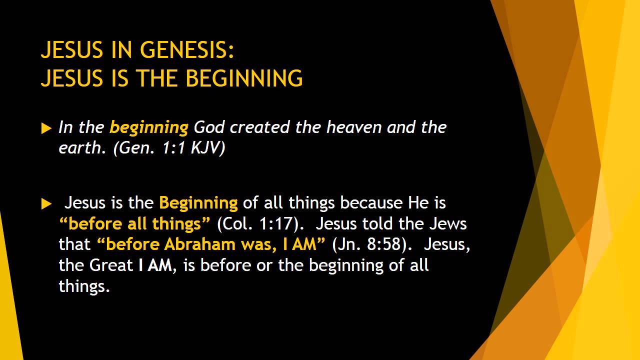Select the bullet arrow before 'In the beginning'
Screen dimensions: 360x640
(x=46, y=128)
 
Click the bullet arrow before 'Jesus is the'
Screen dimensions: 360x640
(x=46, y=203)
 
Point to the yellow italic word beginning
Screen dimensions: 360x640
(x=148, y=128)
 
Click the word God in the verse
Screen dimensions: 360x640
(x=209, y=127)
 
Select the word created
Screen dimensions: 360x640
(x=260, y=127)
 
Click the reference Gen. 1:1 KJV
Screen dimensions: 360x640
(x=169, y=149)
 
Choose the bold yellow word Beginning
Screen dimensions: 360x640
(x=198, y=203)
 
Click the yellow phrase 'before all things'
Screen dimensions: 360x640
(x=135, y=224)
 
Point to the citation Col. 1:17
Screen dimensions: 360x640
(x=260, y=224)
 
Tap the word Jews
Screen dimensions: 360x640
(x=448, y=224)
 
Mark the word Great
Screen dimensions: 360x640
(x=111, y=265)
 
